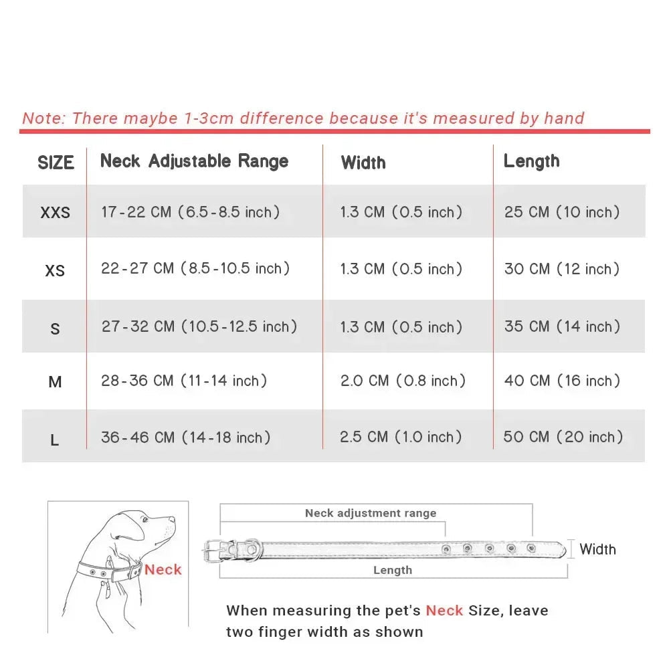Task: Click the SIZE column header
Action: coord(56,163)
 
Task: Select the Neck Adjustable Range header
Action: coord(194,161)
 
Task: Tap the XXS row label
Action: coord(55,213)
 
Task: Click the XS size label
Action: coord(55,270)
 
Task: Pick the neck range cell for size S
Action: coord(199,326)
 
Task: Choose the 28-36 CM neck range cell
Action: coord(184,381)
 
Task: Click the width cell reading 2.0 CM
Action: coord(403,381)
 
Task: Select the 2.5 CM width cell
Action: coord(401,437)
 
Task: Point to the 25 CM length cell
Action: coord(562,212)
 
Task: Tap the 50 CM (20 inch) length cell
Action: coord(563,437)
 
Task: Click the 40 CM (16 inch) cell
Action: coord(562,381)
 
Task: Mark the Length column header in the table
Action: coord(531,161)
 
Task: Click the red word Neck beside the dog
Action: coord(163,570)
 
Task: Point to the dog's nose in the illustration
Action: coord(173,519)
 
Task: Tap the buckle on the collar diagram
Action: coord(215,549)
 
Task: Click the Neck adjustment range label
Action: coord(371,513)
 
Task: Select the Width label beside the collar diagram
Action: coord(597,549)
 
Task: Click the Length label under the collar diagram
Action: coord(393,570)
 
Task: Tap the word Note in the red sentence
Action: coord(43,118)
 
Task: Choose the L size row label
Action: coord(55,440)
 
